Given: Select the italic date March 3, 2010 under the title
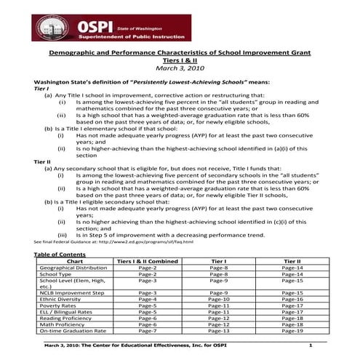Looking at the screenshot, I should tap(180, 68).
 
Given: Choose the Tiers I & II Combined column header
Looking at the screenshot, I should tap(148, 260).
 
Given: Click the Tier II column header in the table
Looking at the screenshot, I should tap(292, 260).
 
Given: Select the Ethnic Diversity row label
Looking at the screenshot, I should tap(63, 299).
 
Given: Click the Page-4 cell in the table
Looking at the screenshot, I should tap(148, 299).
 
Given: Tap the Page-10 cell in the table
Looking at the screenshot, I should tap(220, 299).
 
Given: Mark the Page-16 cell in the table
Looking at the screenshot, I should tap(292, 299).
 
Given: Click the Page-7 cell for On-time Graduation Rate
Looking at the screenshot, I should tap(148, 331).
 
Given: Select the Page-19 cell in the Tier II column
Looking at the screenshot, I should tap(292, 331).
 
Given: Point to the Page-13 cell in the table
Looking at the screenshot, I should tap(220, 331).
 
